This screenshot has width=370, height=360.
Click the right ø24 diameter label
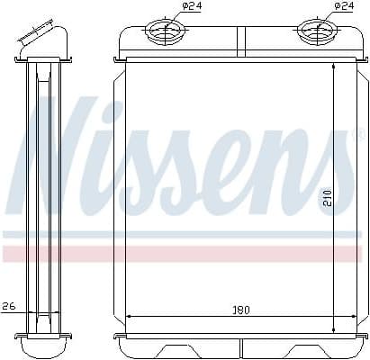click(x=344, y=7)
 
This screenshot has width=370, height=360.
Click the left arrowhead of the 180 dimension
click(x=131, y=317)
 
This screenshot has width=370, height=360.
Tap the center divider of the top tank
click(x=239, y=41)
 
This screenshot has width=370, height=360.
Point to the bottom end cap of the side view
click(x=42, y=344)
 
